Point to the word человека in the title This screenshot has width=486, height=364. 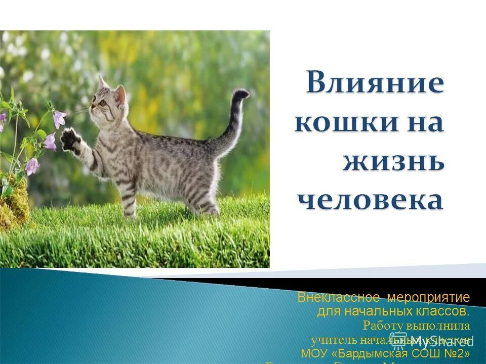tap(369, 200)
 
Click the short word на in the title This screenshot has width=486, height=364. tap(423, 123)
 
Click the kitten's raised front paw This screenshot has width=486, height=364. tap(70, 139)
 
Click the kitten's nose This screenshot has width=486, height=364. tap(92, 107)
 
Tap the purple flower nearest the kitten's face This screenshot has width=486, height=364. tap(59, 119)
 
